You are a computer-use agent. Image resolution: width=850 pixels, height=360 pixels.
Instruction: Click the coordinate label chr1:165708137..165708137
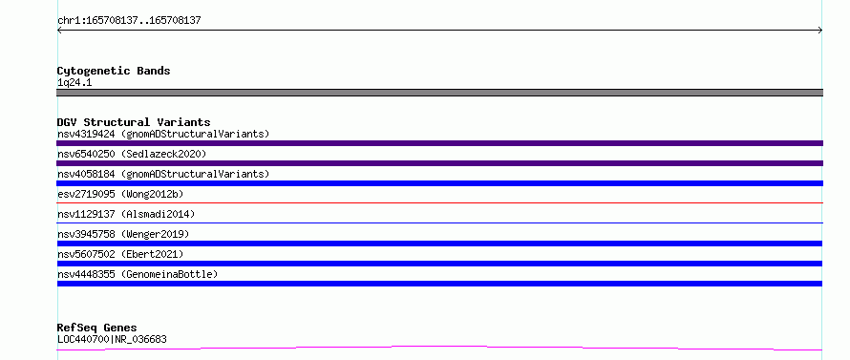coord(129,21)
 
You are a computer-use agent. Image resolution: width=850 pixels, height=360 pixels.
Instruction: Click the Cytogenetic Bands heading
coord(114,71)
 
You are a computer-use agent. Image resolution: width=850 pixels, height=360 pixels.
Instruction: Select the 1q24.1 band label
coord(74,82)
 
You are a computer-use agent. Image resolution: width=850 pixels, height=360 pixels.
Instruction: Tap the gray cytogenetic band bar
coord(439,93)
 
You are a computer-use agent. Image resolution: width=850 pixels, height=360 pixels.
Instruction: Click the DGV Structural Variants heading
coord(134,122)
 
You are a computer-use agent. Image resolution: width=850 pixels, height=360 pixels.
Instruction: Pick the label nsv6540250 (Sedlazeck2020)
coord(132,154)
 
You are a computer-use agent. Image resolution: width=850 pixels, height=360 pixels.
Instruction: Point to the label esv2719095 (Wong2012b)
coord(126,194)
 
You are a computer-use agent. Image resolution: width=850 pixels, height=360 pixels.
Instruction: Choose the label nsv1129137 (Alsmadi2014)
coord(126,214)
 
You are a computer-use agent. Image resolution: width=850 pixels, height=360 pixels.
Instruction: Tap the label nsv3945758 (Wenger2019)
coord(123,234)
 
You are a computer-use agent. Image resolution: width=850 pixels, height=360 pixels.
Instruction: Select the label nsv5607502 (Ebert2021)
coord(120,254)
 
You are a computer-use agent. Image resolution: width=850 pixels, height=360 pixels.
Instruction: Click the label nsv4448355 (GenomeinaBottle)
coord(138,274)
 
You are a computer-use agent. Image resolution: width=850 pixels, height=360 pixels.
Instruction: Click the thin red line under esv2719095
coord(439,202)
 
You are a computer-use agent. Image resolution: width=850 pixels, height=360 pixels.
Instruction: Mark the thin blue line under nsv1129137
coord(439,222)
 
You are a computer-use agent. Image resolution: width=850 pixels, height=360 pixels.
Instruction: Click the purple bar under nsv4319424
coord(439,143)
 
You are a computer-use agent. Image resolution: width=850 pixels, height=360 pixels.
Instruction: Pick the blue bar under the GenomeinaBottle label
coord(439,284)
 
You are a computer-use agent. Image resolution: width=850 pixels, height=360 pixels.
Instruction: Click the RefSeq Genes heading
coord(96,328)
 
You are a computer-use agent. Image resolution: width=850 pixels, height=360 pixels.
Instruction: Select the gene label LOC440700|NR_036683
coord(112,339)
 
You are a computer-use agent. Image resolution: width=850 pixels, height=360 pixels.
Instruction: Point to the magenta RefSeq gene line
coord(439,347)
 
